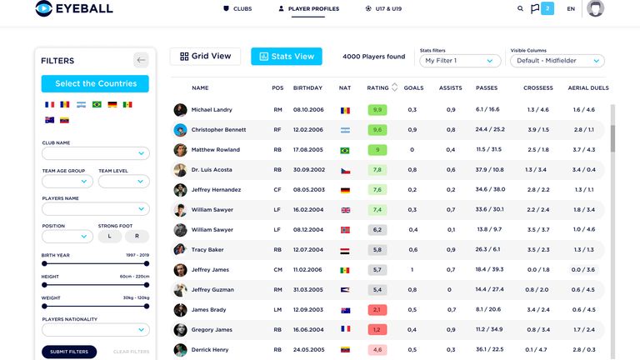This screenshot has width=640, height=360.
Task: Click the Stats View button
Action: [x=286, y=57]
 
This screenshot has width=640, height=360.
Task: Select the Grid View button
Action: [x=205, y=57]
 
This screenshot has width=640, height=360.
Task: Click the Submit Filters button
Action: [x=69, y=352]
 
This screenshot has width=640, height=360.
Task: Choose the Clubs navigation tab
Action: [x=237, y=9]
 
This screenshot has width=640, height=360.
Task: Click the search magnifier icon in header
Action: [x=521, y=9]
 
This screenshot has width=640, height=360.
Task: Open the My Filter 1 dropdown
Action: [x=461, y=61]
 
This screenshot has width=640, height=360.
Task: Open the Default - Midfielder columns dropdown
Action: [x=557, y=61]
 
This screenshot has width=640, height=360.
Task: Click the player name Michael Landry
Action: [x=212, y=110]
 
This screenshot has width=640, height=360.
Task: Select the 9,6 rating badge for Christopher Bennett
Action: [x=377, y=130]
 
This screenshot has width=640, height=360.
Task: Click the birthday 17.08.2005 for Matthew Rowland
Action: [x=307, y=150]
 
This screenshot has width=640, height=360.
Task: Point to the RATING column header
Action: [x=377, y=87]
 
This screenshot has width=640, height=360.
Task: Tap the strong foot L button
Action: [x=109, y=237]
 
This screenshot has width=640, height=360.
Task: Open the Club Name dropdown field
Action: [x=96, y=153]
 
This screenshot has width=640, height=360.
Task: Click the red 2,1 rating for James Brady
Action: [x=377, y=310]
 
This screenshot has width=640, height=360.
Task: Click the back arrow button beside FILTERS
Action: [x=141, y=60]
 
